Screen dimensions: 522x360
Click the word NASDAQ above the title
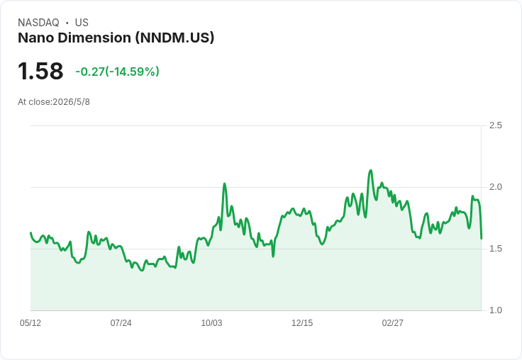click(38, 23)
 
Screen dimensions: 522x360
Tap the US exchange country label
click(82, 23)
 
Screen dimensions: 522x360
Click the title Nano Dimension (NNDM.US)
click(116, 38)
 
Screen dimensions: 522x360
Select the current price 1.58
click(40, 71)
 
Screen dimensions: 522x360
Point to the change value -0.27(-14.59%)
click(118, 72)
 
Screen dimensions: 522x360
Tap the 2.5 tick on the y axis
click(495, 125)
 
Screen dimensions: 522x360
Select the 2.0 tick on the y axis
click(495, 187)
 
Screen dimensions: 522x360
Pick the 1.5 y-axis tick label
click(495, 249)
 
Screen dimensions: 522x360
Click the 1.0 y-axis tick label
click(495, 310)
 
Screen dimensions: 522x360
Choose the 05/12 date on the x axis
click(30, 323)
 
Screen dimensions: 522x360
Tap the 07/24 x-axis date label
click(121, 323)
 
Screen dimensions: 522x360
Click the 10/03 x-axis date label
click(211, 323)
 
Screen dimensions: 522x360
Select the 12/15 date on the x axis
click(302, 323)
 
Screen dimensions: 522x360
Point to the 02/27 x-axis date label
click(392, 323)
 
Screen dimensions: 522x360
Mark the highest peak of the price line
click(370, 171)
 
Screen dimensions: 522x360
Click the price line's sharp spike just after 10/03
click(224, 184)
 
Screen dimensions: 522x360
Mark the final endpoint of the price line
click(482, 239)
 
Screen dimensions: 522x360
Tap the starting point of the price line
click(30, 232)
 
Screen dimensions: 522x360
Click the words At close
click(34, 102)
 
